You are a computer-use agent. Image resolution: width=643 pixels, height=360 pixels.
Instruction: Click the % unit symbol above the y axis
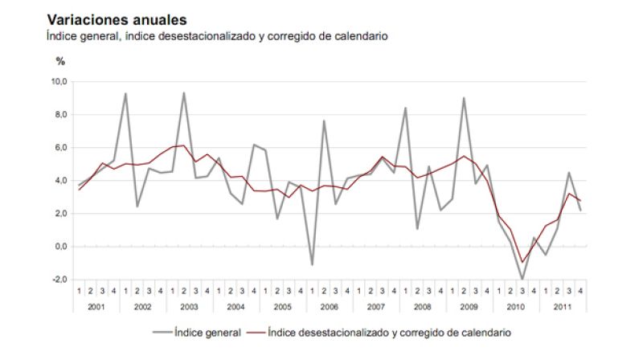(x=60, y=60)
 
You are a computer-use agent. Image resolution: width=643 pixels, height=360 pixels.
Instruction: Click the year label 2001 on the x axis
(x=96, y=306)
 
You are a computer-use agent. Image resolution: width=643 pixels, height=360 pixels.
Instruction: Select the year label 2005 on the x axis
(x=283, y=306)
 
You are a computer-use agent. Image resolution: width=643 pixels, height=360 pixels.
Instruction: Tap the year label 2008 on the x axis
(x=423, y=306)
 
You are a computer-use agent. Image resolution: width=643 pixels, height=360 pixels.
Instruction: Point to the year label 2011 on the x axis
(x=563, y=306)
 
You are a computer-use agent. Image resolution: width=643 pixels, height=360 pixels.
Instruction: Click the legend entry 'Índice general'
(x=207, y=331)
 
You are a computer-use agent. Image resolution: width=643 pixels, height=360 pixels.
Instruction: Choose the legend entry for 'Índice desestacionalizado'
(x=389, y=331)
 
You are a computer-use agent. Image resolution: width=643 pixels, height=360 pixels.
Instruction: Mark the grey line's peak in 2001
(x=125, y=93)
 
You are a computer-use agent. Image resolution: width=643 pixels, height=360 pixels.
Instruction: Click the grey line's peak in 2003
(x=184, y=92)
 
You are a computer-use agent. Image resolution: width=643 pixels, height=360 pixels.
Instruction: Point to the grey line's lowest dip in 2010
(x=522, y=279)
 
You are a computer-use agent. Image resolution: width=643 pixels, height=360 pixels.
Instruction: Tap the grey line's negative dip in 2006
(x=312, y=264)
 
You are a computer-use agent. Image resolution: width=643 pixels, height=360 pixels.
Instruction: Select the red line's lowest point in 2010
(x=522, y=262)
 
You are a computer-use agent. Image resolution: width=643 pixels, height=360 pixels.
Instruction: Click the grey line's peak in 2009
(x=464, y=98)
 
